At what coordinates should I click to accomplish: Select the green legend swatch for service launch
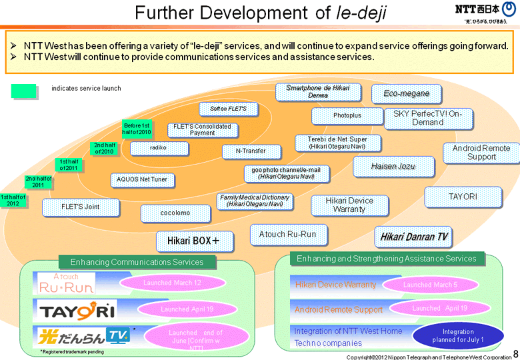[x=23, y=91]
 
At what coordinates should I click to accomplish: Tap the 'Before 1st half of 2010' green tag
[x=137, y=129]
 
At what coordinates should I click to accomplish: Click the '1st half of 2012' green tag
[x=13, y=200]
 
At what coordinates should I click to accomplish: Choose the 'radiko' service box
[x=158, y=147]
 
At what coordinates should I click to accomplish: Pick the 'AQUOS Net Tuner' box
[x=142, y=179]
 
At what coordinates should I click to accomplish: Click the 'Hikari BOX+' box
[x=195, y=241]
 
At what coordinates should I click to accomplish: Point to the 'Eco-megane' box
[x=406, y=93]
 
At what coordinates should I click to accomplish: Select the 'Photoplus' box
[x=347, y=116]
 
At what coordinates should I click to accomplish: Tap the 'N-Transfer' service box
[x=250, y=151]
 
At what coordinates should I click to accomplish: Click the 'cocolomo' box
[x=175, y=213]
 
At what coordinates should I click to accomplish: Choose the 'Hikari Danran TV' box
[x=413, y=237]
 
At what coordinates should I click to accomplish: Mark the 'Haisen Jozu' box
[x=393, y=166]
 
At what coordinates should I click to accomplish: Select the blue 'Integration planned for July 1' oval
[x=458, y=335]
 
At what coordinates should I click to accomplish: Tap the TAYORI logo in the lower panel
[x=78, y=310]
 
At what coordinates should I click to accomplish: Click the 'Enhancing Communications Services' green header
[x=137, y=262]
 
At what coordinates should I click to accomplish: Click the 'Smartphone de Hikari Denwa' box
[x=317, y=92]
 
